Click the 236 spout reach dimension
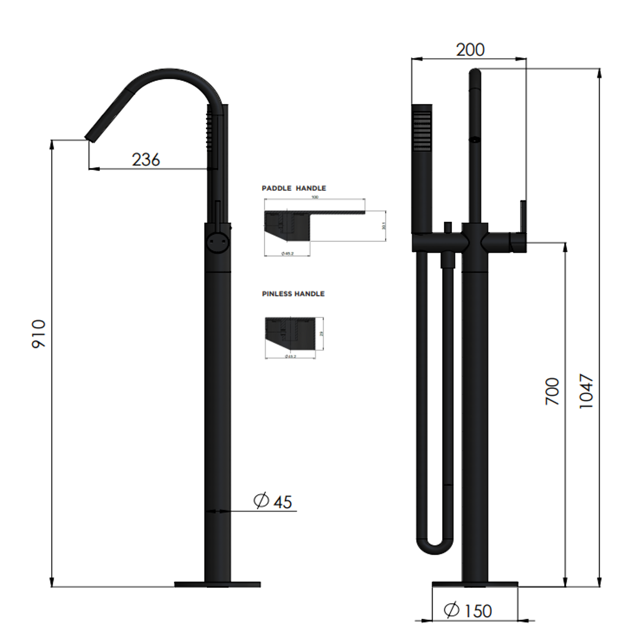click(146, 159)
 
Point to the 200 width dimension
click(470, 49)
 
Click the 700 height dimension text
click(552, 391)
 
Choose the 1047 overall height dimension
click(586, 391)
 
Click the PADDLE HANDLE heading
click(294, 188)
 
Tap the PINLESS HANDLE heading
click(293, 294)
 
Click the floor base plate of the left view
click(217, 584)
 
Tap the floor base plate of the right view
click(474, 584)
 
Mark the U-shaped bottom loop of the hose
click(435, 545)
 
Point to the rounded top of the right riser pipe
click(475, 74)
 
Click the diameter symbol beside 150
click(451, 609)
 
